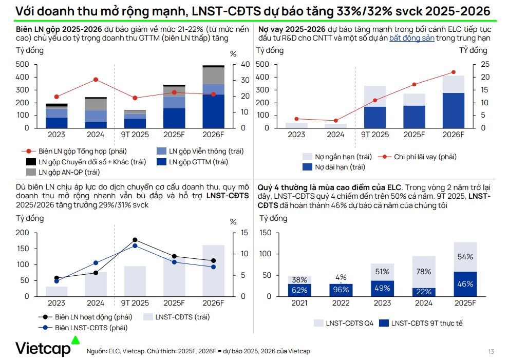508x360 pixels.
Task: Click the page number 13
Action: pos(491,352)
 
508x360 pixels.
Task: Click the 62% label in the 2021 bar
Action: pos(299,290)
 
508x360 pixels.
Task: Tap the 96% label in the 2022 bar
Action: pos(341,290)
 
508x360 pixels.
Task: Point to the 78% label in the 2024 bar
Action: pos(424,272)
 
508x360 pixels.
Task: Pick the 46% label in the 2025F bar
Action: pos(465,283)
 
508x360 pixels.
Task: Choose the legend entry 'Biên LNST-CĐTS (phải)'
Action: pos(84,328)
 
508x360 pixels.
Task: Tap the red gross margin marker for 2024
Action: pos(96,80)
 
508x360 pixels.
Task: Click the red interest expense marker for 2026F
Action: pos(454,72)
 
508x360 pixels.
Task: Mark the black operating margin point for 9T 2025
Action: pos(135,240)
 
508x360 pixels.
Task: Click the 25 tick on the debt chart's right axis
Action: pos(485,64)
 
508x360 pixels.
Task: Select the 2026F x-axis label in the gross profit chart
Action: pos(213,135)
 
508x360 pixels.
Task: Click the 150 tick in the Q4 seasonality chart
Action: pos(265,233)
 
